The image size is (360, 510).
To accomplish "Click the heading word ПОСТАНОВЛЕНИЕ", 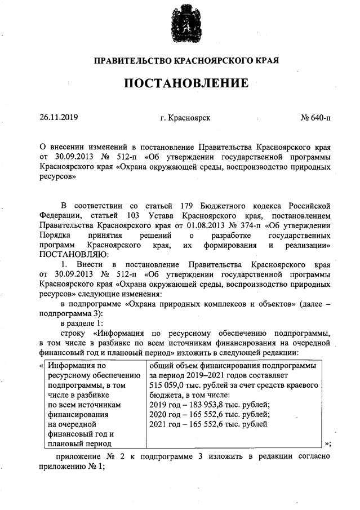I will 186,83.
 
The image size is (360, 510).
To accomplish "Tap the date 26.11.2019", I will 59,118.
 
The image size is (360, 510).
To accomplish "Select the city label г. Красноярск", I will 185,118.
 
